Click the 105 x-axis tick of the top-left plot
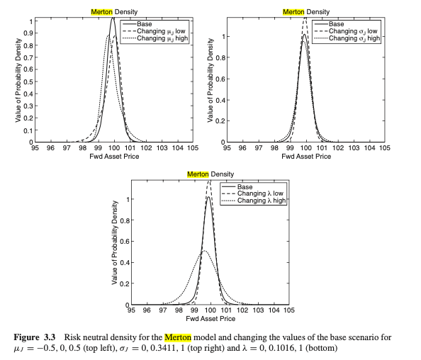click(193, 149)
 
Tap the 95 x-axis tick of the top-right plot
click(225, 149)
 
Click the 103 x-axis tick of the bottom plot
click(258, 310)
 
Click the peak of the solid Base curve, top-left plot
click(113, 19)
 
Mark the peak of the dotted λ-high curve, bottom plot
click(204, 251)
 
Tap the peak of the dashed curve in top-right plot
click(305, 20)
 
